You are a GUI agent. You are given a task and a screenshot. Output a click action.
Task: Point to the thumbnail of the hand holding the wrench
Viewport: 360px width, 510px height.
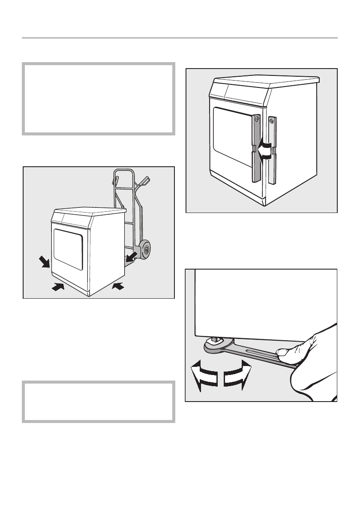pyautogui.click(x=283, y=352)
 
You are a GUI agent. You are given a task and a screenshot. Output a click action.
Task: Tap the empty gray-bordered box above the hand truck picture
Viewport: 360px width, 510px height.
pyautogui.click(x=99, y=99)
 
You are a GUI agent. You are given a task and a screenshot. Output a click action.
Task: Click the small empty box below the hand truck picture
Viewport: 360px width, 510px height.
pyautogui.click(x=99, y=402)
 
